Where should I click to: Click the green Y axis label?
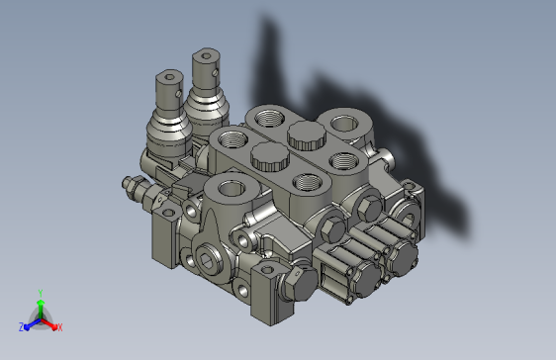coord(41,293)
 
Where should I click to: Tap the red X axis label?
coord(60,327)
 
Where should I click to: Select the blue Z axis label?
coord(22,327)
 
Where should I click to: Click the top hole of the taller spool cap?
coord(206,55)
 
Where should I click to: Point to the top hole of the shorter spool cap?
coord(170,77)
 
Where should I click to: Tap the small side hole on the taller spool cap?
coord(216,72)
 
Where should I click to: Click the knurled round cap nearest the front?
coord(270,156)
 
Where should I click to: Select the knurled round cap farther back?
coord(307,135)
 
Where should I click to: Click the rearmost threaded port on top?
coord(269,118)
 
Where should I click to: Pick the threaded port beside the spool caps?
coord(232,138)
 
